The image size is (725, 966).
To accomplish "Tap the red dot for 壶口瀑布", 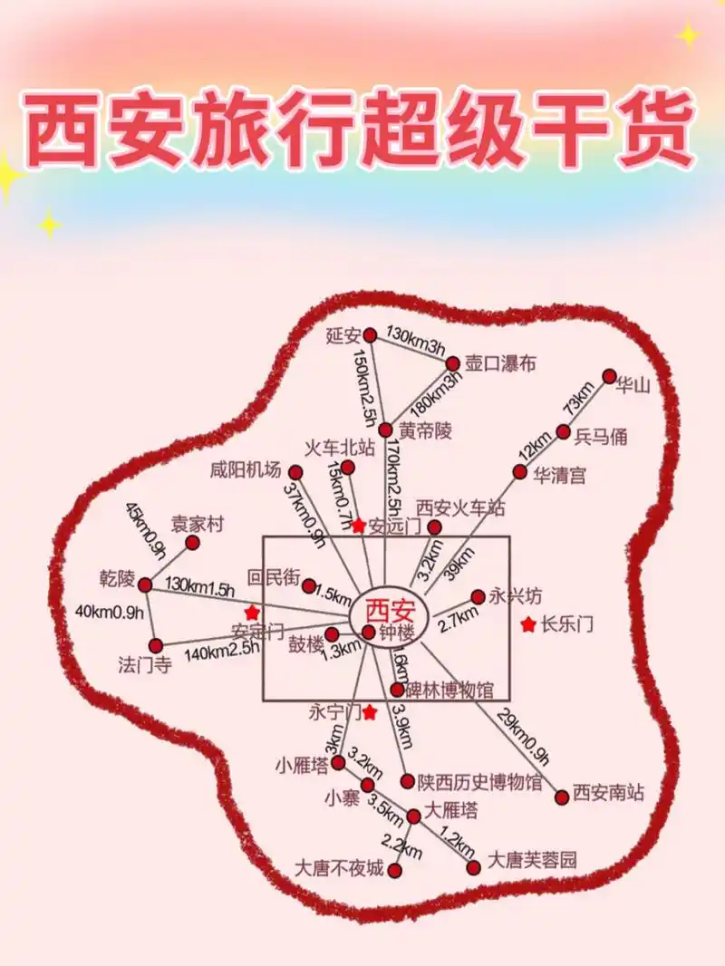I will (453, 363).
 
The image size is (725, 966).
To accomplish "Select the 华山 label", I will (634, 385).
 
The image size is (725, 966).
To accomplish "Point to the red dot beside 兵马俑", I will (564, 431).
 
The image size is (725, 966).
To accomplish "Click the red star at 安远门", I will (359, 526).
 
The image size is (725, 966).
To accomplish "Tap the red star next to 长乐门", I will (528, 624).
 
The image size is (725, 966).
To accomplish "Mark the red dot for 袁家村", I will (192, 542).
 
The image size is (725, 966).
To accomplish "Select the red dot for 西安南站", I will (562, 796).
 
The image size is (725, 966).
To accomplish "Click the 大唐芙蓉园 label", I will (532, 859).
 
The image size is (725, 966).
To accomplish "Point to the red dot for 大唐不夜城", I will (395, 870).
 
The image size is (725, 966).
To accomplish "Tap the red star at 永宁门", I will (370, 713).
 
